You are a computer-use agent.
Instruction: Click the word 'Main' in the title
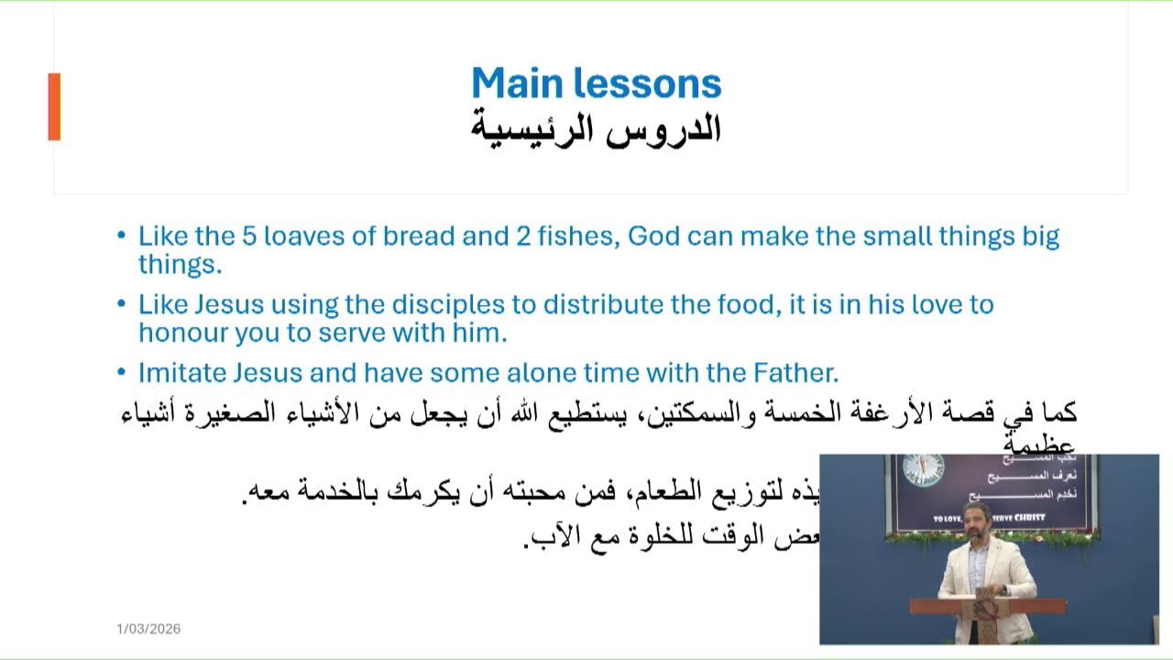[x=518, y=83]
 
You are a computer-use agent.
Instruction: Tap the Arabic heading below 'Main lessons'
[x=596, y=128]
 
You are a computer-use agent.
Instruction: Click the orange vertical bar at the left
[x=54, y=106]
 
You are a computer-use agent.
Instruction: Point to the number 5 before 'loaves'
[x=248, y=236]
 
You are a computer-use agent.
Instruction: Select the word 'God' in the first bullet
[x=652, y=236]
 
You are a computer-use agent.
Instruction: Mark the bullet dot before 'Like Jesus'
[x=122, y=303]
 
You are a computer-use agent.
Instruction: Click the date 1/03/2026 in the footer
[x=148, y=629]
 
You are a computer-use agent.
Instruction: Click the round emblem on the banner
[x=916, y=467]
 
